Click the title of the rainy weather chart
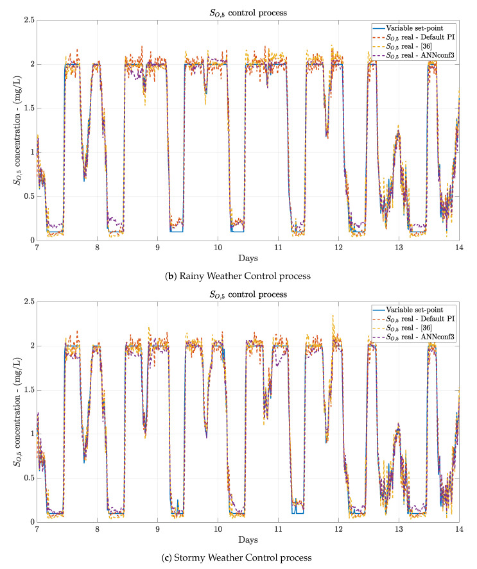click(248, 12)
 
